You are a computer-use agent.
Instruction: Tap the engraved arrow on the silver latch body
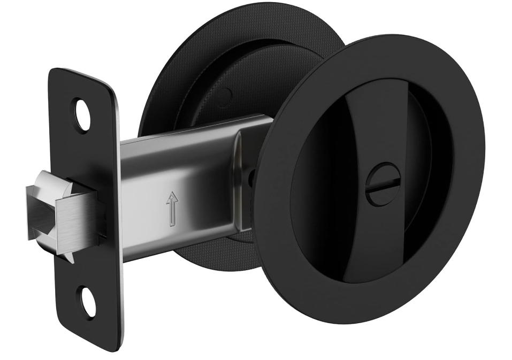[x=172, y=209]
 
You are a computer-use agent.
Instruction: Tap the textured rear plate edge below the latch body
[x=214, y=254]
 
